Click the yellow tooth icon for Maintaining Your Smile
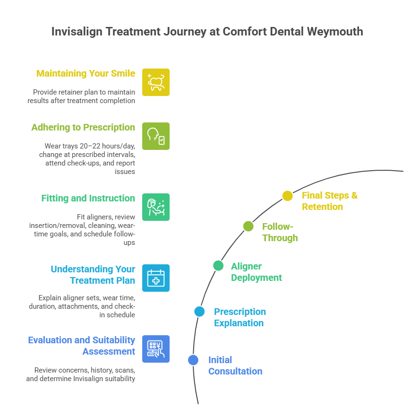(156, 82)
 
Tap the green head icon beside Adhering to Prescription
(156, 136)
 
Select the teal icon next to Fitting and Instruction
(156, 207)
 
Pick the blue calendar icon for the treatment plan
(156, 278)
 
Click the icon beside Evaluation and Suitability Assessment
(156, 349)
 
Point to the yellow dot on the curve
(288, 196)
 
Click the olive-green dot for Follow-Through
(249, 226)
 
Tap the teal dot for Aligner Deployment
(218, 265)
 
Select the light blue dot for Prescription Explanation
(199, 311)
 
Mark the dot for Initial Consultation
(193, 360)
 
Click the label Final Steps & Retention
(329, 201)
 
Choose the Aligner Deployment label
(256, 272)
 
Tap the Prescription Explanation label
(240, 317)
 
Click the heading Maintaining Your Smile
(86, 73)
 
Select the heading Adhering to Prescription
(83, 127)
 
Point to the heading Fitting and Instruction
(88, 198)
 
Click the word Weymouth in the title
(335, 32)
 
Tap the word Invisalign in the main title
(76, 32)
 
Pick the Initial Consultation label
(235, 365)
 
